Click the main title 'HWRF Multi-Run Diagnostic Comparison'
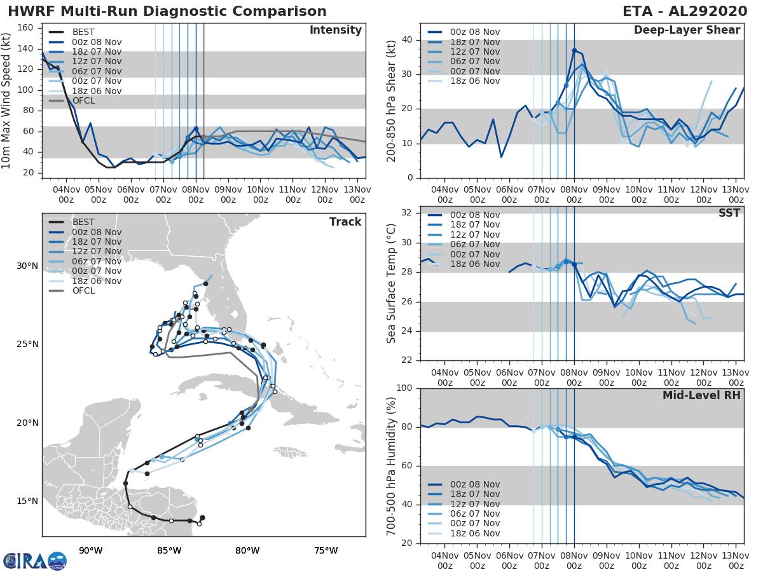[167, 11]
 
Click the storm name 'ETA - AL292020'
[684, 11]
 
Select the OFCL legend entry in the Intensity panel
[83, 100]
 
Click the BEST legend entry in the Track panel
[83, 222]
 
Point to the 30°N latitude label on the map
[27, 266]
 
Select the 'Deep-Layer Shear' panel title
[687, 31]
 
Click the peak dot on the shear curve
[574, 50]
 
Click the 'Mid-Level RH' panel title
[701, 396]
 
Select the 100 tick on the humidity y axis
[406, 388]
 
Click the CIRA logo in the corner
[35, 561]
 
